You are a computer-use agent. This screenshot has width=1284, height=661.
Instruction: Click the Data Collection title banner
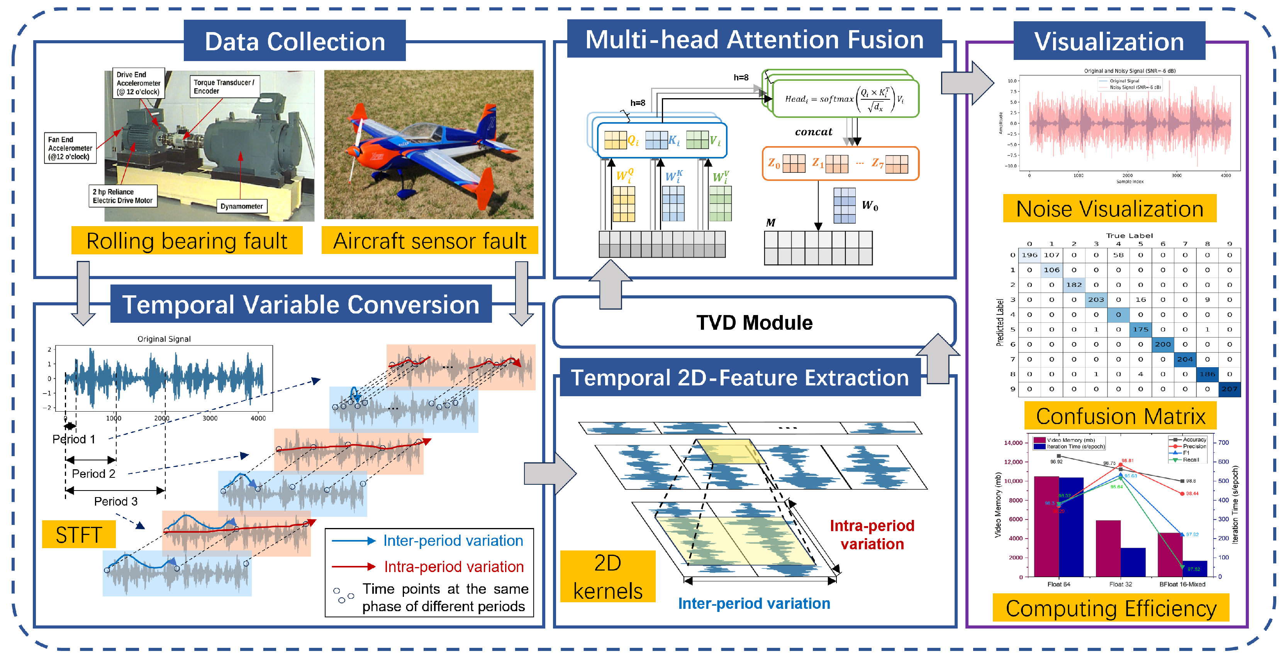click(294, 41)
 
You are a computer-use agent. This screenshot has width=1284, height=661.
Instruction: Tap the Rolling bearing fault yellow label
click(187, 241)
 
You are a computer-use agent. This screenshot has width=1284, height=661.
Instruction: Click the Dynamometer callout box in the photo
click(241, 206)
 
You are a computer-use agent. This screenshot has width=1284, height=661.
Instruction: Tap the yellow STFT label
click(79, 534)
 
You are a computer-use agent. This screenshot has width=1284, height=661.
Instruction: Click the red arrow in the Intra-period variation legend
click(353, 566)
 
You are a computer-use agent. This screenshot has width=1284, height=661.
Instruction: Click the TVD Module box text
click(754, 323)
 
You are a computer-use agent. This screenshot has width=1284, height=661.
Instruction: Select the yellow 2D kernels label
click(607, 577)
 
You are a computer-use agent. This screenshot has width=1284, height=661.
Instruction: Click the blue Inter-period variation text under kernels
click(754, 603)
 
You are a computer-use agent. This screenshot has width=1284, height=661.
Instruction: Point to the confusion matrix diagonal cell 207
click(1229, 388)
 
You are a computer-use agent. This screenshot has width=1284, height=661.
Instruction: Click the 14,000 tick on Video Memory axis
click(1013, 443)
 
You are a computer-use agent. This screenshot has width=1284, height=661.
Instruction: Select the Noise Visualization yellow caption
click(1109, 208)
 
